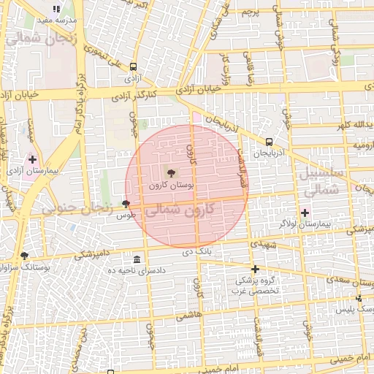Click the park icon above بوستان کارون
(171, 173)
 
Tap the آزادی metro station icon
(132, 66)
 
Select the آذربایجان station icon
(270, 142)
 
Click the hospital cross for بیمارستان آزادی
(32, 159)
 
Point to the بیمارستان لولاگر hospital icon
(305, 213)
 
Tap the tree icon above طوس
(126, 205)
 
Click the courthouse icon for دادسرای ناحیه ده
(137, 260)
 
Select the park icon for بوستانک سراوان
(25, 256)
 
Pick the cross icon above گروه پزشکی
(255, 269)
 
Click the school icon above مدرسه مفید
(56, 9)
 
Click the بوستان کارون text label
(171, 186)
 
